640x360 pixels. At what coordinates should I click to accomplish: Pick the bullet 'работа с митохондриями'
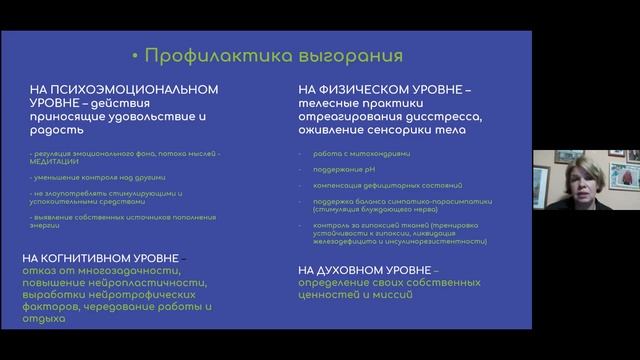coord(346,152)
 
